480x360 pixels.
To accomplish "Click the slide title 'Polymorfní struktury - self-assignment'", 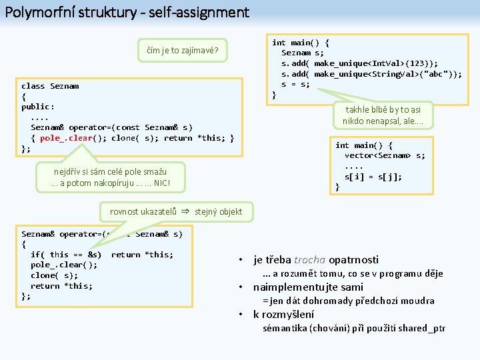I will point(127,12).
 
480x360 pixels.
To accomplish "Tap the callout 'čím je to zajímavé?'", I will point(183,50).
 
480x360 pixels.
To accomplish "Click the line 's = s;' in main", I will point(296,84).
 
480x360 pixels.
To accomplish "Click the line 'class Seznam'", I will point(50,86).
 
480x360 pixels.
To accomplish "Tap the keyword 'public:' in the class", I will point(38,107).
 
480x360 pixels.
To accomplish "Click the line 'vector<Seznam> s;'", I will point(385,156).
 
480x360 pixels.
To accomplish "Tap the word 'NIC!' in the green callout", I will point(158,183).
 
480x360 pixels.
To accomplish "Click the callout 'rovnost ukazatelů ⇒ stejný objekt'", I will point(176,212).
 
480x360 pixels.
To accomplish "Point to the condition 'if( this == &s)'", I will point(66,255).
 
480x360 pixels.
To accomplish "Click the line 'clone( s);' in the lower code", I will point(54,275).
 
